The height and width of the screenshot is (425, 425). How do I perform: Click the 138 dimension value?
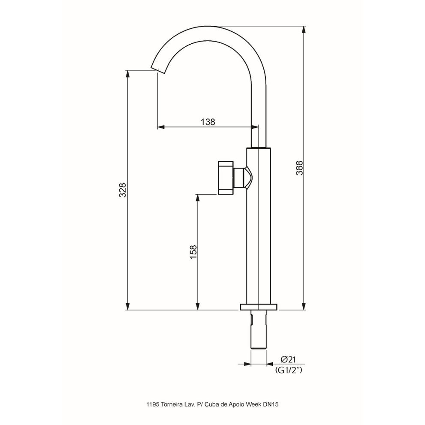pos(208,122)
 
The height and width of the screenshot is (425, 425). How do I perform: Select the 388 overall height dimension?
pos(299,168)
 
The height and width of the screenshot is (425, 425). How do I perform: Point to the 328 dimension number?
pos(123,190)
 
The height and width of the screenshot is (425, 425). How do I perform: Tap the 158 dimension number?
pos(193,252)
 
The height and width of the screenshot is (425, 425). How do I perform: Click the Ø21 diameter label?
pos(288,359)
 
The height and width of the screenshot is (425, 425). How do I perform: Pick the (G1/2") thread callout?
pos(288,370)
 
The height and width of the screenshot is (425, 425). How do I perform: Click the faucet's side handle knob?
pos(226,178)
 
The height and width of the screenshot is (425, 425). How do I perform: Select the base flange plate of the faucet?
pos(259,307)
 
